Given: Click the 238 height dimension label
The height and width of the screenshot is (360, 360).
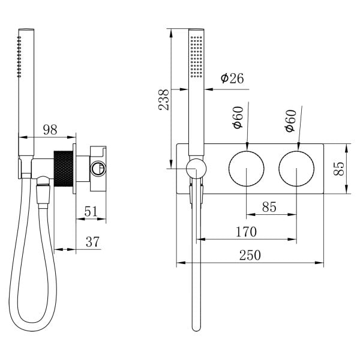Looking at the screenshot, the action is point(164,100).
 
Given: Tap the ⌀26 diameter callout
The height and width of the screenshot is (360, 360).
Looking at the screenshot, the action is point(232,79).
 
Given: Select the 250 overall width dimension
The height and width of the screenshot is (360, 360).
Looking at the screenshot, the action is point(250,255).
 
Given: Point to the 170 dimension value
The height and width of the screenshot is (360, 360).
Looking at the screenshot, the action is point(247,232).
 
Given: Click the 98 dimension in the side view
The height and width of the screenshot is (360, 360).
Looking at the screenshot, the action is point(50,130).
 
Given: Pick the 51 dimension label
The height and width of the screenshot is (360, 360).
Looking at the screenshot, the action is point(91,211).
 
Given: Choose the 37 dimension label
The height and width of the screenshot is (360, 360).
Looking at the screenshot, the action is point(92,242).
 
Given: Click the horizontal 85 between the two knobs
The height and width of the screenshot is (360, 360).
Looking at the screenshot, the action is point(269,207).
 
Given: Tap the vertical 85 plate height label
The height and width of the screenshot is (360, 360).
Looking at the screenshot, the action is point(339,169).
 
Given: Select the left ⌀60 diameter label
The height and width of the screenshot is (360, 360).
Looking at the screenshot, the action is point(238,118).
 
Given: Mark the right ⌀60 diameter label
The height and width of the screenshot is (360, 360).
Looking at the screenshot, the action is point(290,121).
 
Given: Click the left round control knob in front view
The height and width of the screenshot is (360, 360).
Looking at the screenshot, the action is point(247,169).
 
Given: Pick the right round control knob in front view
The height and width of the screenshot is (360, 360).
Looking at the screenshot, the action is point(296,169).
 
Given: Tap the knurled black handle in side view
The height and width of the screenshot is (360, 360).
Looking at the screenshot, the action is point(64,169).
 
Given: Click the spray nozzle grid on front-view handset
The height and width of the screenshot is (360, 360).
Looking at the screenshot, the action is point(197,56).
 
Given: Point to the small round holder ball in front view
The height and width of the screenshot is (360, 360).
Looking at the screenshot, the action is point(196,169).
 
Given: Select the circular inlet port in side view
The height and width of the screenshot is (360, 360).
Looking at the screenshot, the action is point(98,169).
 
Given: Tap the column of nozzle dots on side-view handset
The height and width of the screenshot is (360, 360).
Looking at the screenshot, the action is point(19,56).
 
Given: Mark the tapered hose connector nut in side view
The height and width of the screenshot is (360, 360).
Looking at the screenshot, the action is point(43,194).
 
